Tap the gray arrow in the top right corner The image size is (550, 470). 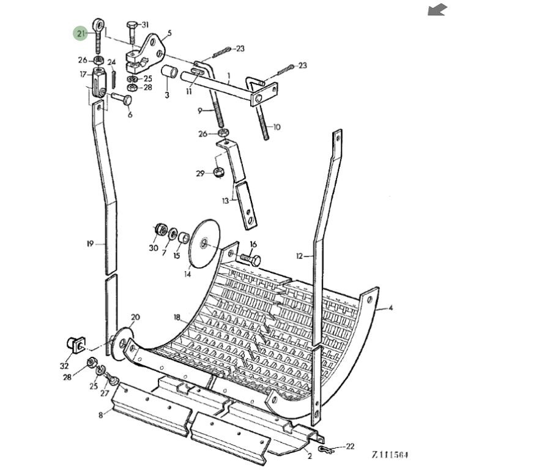tap(437, 9)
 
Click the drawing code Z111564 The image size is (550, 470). tap(390, 455)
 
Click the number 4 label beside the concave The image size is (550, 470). tap(390, 308)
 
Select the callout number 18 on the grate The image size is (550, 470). tap(177, 317)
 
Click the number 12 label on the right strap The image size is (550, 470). tap(299, 255)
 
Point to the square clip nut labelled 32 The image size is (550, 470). tap(73, 345)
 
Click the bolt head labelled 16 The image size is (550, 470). tap(253, 261)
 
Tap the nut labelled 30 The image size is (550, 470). tap(161, 231)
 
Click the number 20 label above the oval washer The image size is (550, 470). tap(135, 317)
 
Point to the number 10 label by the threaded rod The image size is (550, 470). tap(277, 127)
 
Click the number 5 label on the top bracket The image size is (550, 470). tap(169, 33)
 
